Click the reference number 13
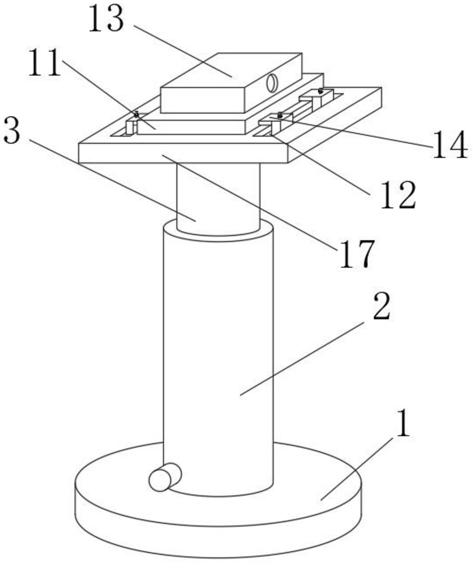[x=105, y=20]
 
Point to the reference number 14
[x=451, y=145]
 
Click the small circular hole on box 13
[x=272, y=83]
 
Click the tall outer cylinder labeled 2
[x=218, y=351]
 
